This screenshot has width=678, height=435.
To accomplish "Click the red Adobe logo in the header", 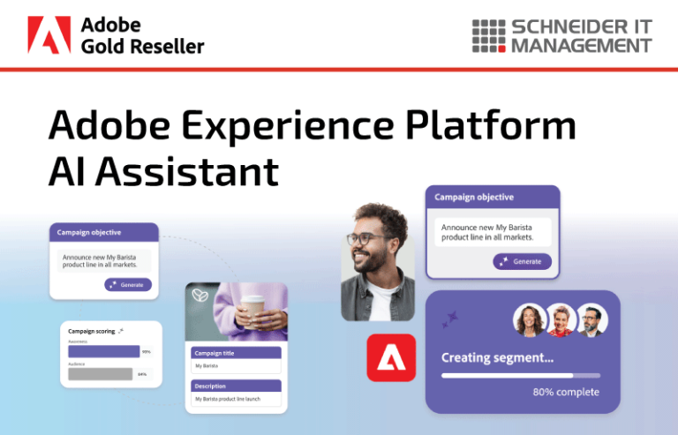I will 49,34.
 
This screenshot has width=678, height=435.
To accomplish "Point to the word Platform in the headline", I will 499,125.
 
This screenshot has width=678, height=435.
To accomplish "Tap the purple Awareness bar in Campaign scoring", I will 103,351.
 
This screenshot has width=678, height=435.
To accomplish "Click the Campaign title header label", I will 215,353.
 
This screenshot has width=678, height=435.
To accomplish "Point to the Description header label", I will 210,386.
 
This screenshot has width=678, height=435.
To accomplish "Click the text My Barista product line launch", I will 228,400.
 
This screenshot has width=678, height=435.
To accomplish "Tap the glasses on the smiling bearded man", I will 365,238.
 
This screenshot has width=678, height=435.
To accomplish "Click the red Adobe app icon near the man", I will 391,357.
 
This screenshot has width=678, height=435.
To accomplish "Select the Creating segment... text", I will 498,358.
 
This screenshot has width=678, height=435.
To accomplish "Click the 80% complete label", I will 566,392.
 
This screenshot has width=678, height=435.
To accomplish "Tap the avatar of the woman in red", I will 560,320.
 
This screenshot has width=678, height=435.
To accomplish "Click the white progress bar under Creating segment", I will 520,375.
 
